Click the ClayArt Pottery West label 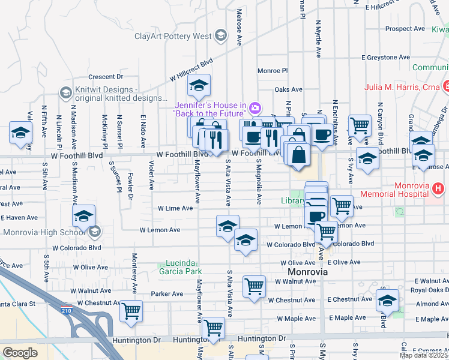(x=173, y=37)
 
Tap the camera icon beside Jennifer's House (x=255, y=108)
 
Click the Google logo (x=20, y=353)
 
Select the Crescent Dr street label (x=105, y=77)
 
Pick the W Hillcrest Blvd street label (x=191, y=70)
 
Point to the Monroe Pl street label (x=273, y=71)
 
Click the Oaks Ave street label (x=288, y=89)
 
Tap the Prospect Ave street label (x=405, y=29)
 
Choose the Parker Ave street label (x=167, y=294)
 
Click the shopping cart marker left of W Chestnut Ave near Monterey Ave (x=131, y=311)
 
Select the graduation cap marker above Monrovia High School (x=84, y=216)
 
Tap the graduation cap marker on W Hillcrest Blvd (x=199, y=86)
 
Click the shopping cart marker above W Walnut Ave (x=254, y=286)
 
